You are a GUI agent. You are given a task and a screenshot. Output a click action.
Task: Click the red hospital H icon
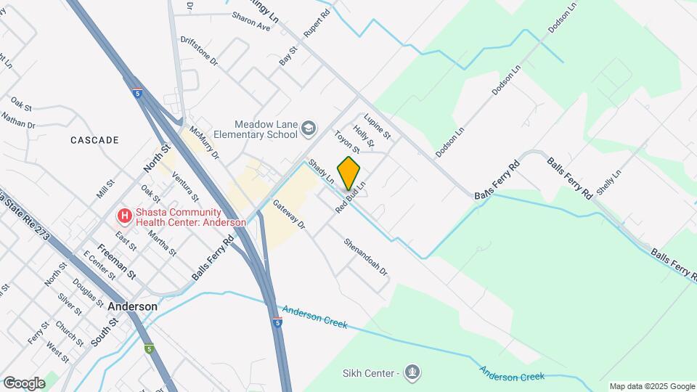[x=125, y=216]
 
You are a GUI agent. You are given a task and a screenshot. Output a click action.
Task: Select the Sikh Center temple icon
[x=412, y=374]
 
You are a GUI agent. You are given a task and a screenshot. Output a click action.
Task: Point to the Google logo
[x=24, y=383]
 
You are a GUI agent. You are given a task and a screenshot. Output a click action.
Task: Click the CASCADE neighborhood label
[x=94, y=139]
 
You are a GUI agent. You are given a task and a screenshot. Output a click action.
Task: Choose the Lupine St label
[x=378, y=126]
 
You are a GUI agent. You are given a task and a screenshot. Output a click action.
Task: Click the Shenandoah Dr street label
[x=366, y=257]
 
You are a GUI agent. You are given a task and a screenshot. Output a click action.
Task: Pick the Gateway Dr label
[x=289, y=215]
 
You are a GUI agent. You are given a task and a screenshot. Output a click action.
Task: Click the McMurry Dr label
[x=204, y=143]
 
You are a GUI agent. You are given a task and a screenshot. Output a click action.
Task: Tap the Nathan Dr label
[x=17, y=120]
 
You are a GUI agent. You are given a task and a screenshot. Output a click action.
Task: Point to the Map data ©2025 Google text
[x=652, y=386]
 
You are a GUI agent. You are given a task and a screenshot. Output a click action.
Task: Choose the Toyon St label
[x=347, y=142]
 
